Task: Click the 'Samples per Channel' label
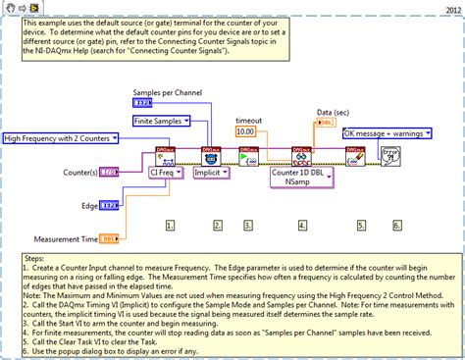(x=168, y=91)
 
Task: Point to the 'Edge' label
(x=89, y=205)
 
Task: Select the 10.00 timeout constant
(x=245, y=131)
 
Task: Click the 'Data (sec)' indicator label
(x=335, y=113)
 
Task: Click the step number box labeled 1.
(x=170, y=225)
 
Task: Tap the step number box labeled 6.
(x=397, y=225)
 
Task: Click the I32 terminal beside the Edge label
(x=110, y=205)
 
